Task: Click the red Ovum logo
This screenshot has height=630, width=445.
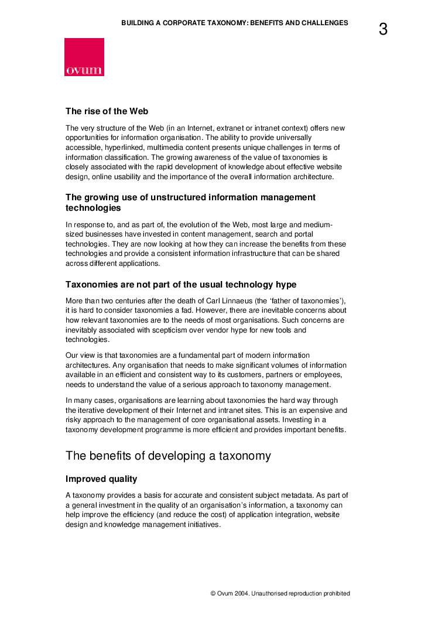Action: point(84,57)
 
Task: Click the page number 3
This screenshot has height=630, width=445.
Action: point(383,29)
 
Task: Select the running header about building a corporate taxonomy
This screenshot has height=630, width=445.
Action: point(234,23)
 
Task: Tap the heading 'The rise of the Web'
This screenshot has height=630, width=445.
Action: point(107,111)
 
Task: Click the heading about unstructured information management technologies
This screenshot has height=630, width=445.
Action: point(190,203)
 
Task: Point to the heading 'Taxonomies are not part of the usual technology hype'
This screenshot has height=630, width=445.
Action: point(181,285)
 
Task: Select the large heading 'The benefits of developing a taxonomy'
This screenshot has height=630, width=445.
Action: point(168,456)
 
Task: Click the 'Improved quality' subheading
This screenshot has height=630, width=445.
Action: point(101,479)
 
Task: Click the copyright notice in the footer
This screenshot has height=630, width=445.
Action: point(280,593)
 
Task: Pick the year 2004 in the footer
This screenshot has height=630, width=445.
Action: point(242,593)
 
